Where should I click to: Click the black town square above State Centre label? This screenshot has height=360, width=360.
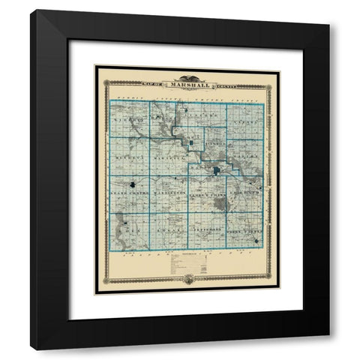(133, 184)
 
